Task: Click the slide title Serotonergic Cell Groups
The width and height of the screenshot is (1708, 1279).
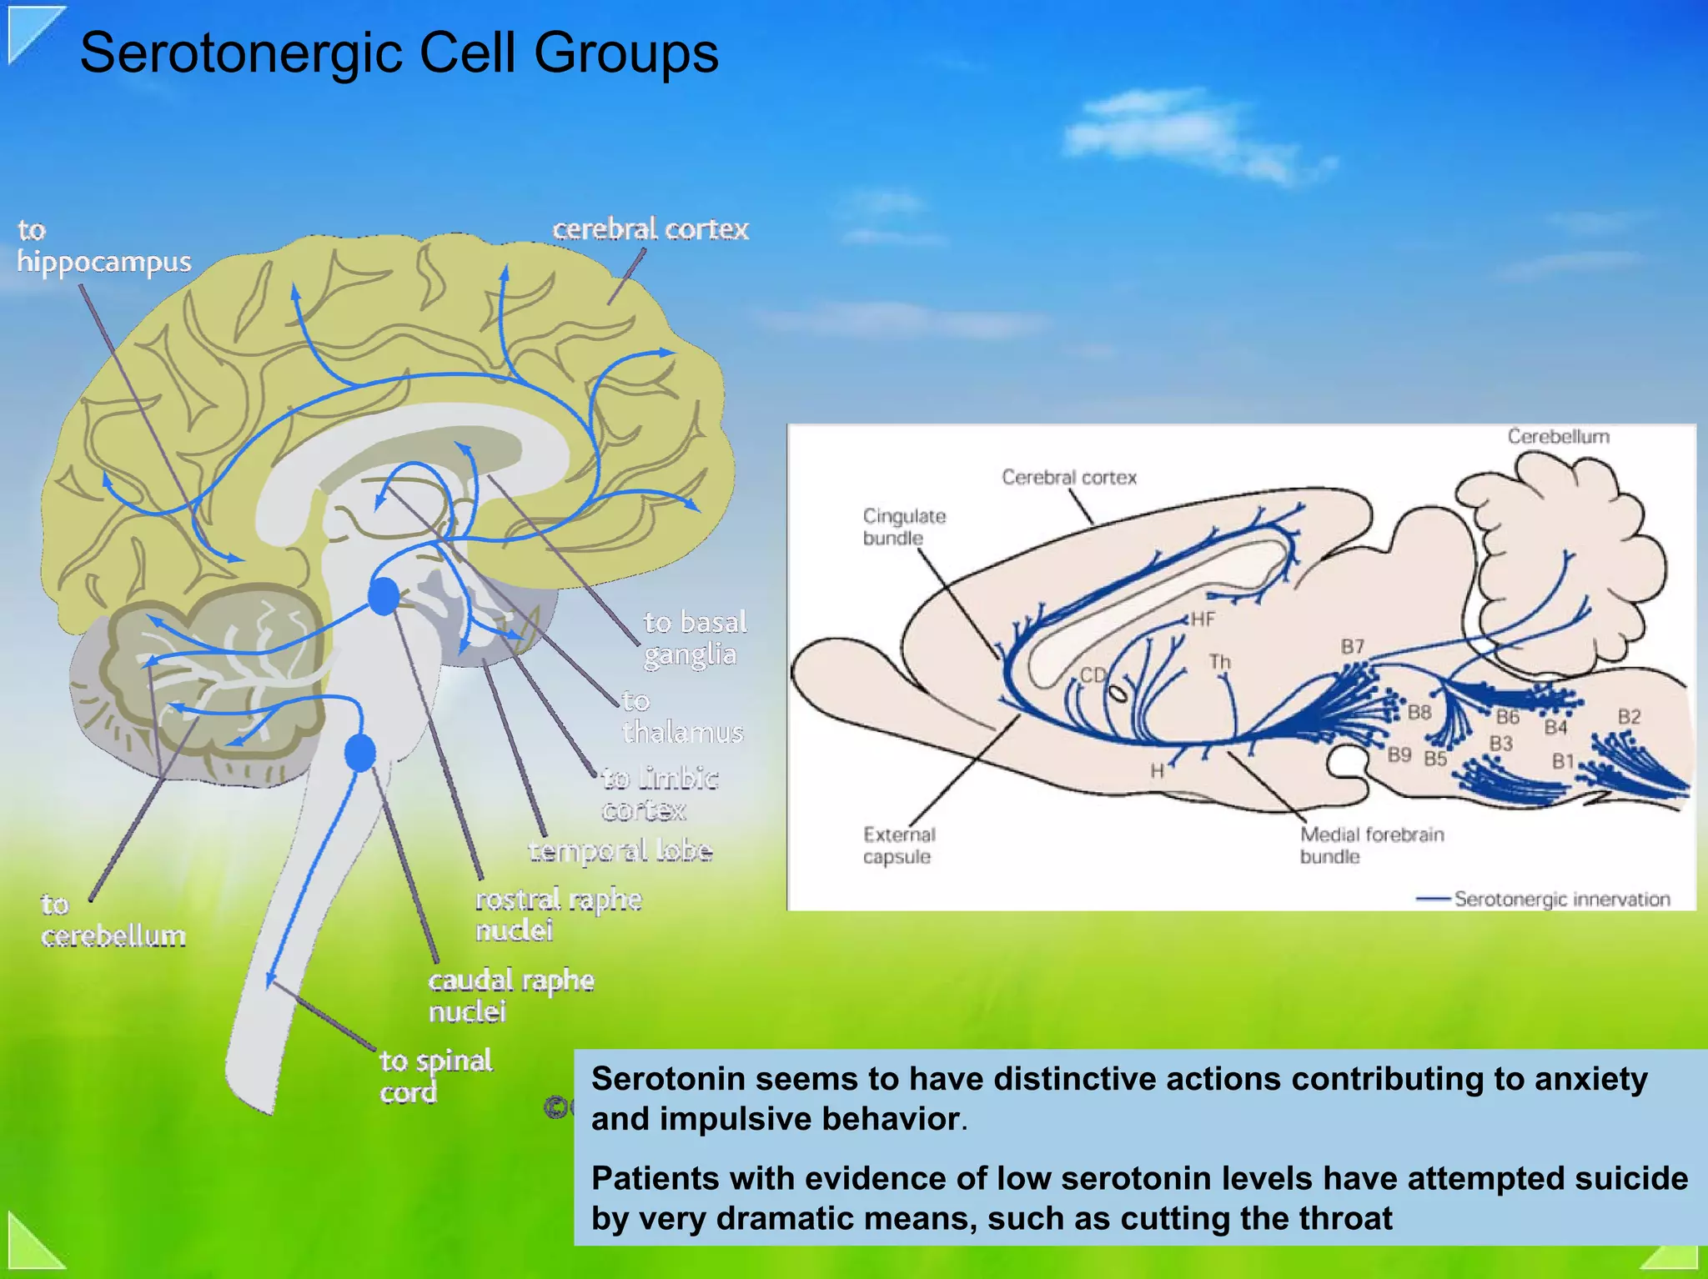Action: [x=399, y=53]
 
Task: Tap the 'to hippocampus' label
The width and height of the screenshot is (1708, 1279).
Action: [x=103, y=247]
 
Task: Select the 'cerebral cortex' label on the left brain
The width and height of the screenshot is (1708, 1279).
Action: [x=651, y=229]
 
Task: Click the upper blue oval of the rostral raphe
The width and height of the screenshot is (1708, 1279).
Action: [x=384, y=596]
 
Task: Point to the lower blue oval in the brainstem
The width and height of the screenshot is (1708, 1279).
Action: [x=360, y=753]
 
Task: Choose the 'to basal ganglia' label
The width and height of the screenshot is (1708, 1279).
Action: [x=695, y=639]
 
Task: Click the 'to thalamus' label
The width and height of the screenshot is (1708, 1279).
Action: [x=682, y=717]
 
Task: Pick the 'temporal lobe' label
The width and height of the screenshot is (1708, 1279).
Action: [x=620, y=850]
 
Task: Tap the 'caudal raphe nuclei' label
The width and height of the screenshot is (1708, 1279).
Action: [x=510, y=996]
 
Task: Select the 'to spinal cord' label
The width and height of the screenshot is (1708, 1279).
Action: [x=435, y=1076]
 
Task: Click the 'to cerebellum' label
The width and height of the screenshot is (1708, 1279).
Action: [x=113, y=920]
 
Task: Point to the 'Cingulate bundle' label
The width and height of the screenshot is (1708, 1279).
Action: [x=903, y=527]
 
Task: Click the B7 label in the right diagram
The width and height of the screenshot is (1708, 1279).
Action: [x=1352, y=647]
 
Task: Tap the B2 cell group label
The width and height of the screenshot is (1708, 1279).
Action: [x=1629, y=717]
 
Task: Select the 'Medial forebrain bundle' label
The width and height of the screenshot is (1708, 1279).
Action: [x=1371, y=845]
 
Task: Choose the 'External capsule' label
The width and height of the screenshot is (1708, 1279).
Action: [x=899, y=845]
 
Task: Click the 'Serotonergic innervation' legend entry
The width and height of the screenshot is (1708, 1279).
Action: [x=1561, y=899]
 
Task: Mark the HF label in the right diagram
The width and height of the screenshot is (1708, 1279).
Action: [x=1203, y=619]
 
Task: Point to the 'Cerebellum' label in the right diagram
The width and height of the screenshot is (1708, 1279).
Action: [x=1558, y=437]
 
